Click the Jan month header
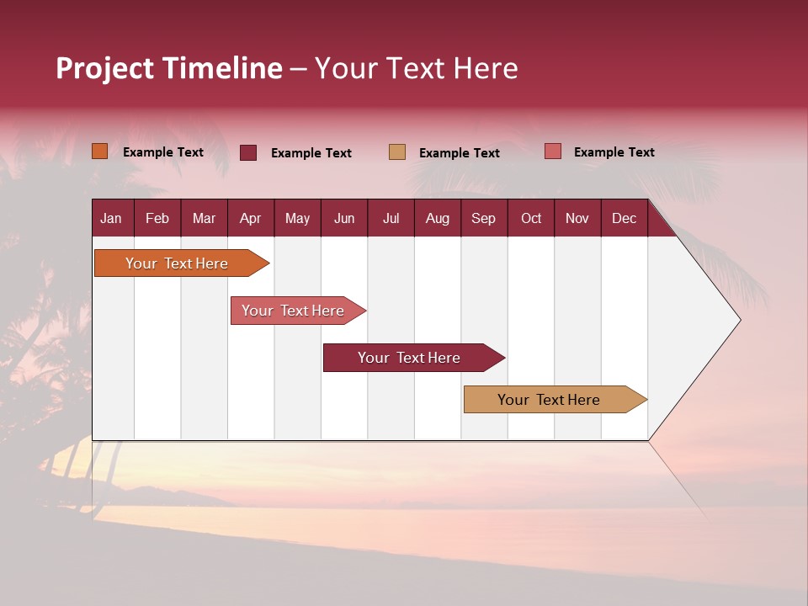click(x=111, y=218)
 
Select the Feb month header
click(x=157, y=218)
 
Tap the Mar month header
click(x=204, y=218)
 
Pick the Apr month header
click(x=250, y=218)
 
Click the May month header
click(x=297, y=218)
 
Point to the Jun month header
click(x=344, y=218)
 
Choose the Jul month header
click(x=391, y=218)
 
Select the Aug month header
click(x=438, y=218)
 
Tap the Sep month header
click(x=484, y=218)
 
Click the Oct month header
click(x=531, y=218)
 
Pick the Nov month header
click(x=577, y=218)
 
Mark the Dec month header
click(x=625, y=218)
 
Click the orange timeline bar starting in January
click(x=178, y=263)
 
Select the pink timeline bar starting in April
click(x=294, y=311)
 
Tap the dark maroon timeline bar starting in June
click(x=410, y=358)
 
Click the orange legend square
click(x=100, y=151)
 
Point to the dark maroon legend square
click(x=248, y=152)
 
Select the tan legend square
click(x=397, y=151)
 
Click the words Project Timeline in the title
click(x=169, y=68)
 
